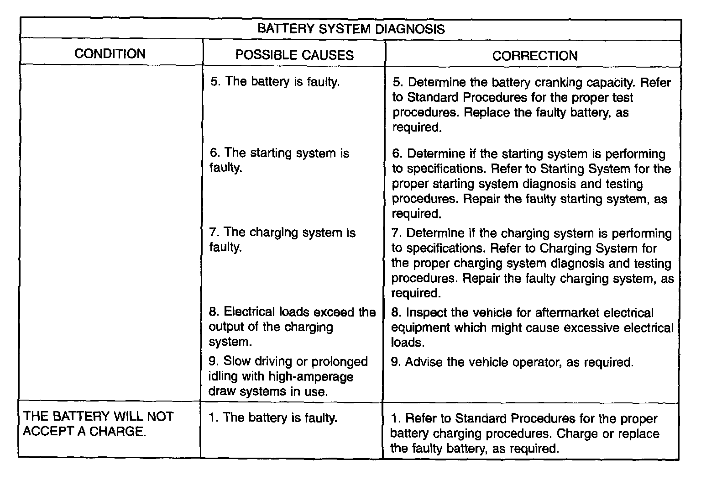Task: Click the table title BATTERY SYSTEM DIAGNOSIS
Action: click(350, 29)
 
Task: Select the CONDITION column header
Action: click(110, 53)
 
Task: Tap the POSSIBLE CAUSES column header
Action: click(294, 55)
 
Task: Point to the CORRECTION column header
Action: click(534, 56)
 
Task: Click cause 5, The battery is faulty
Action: click(275, 82)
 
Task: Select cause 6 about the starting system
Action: click(279, 160)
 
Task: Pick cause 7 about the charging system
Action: click(282, 240)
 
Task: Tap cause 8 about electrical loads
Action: click(292, 327)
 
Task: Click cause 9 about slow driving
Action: click(288, 376)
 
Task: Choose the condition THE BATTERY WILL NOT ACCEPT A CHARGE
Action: click(98, 424)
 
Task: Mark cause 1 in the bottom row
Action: click(273, 418)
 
